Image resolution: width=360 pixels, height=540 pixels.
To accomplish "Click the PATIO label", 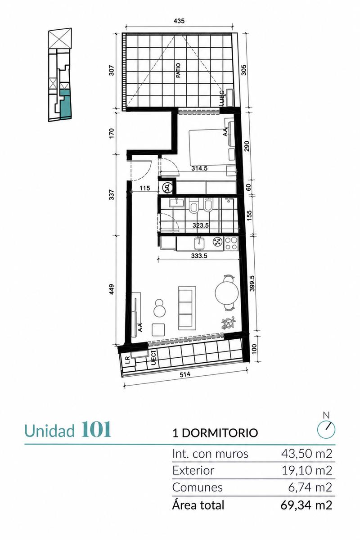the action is [179, 70].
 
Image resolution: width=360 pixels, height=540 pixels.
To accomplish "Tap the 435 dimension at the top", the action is [179, 21].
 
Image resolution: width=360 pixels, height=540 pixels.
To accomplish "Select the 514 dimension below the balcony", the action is [185, 374].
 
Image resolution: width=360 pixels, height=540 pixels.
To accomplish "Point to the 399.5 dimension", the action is [252, 283].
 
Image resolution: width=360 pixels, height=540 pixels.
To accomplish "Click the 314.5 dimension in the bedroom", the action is [199, 168].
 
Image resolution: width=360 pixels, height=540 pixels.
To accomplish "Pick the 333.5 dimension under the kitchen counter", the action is [199, 256].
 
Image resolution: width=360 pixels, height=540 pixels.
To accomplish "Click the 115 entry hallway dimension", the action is [145, 188].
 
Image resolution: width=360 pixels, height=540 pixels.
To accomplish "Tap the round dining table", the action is [227, 293].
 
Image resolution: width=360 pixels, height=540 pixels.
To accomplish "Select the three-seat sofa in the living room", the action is [187, 308].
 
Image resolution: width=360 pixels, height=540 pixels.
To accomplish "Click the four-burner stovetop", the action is [231, 243].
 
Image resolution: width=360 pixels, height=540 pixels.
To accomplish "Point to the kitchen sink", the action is [199, 243].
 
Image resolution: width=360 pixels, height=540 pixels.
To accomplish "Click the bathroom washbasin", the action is [177, 202].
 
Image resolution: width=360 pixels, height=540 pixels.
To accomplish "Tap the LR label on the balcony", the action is [127, 360].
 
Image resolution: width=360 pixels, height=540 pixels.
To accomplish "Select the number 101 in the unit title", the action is [96, 429].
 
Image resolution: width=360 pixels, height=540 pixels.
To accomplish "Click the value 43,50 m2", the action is [307, 454].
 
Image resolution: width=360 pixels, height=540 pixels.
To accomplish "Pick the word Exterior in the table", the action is [193, 470].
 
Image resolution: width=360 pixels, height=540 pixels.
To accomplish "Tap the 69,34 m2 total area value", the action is [306, 505].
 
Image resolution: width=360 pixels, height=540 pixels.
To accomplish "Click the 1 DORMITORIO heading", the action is [215, 433].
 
